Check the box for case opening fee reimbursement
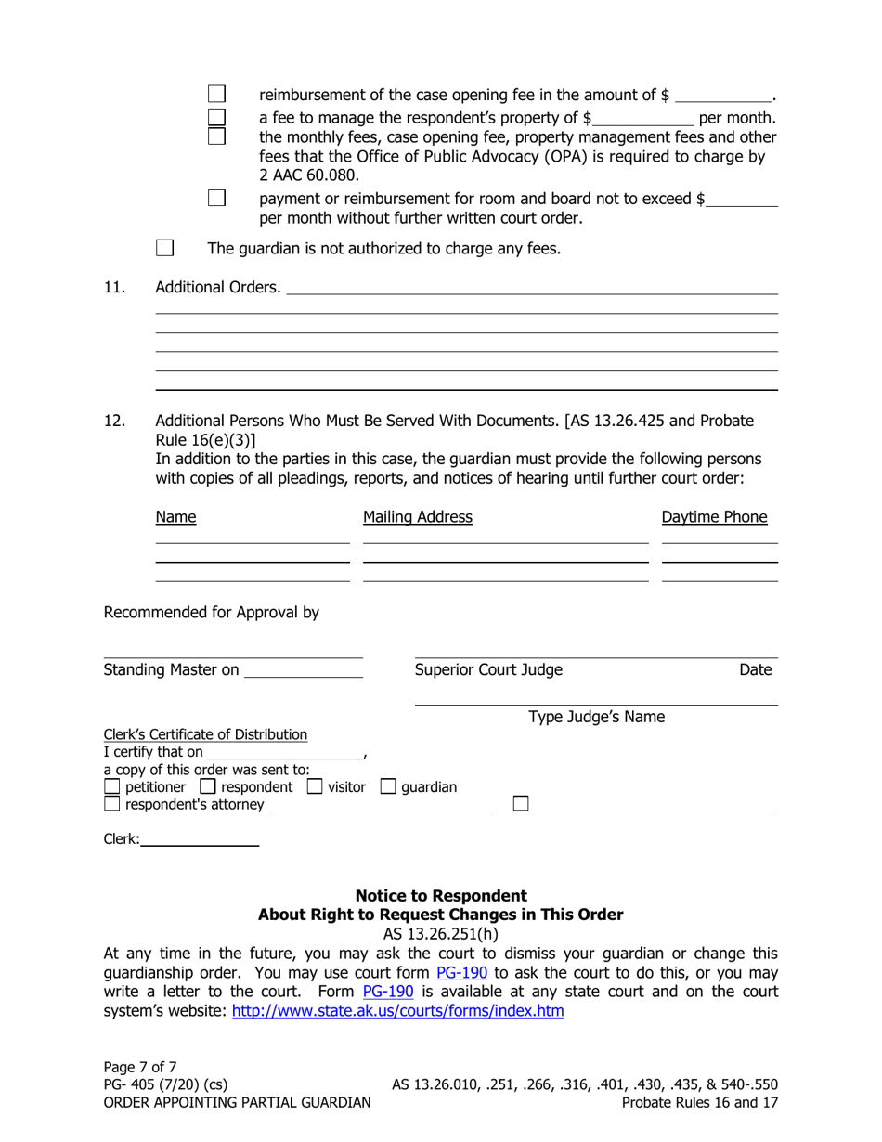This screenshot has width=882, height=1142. (215, 95)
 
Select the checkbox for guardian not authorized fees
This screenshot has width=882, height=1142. (163, 248)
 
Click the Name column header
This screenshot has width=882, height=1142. (168, 516)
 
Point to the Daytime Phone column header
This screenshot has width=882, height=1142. (719, 516)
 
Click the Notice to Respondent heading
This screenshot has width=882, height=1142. (441, 896)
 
